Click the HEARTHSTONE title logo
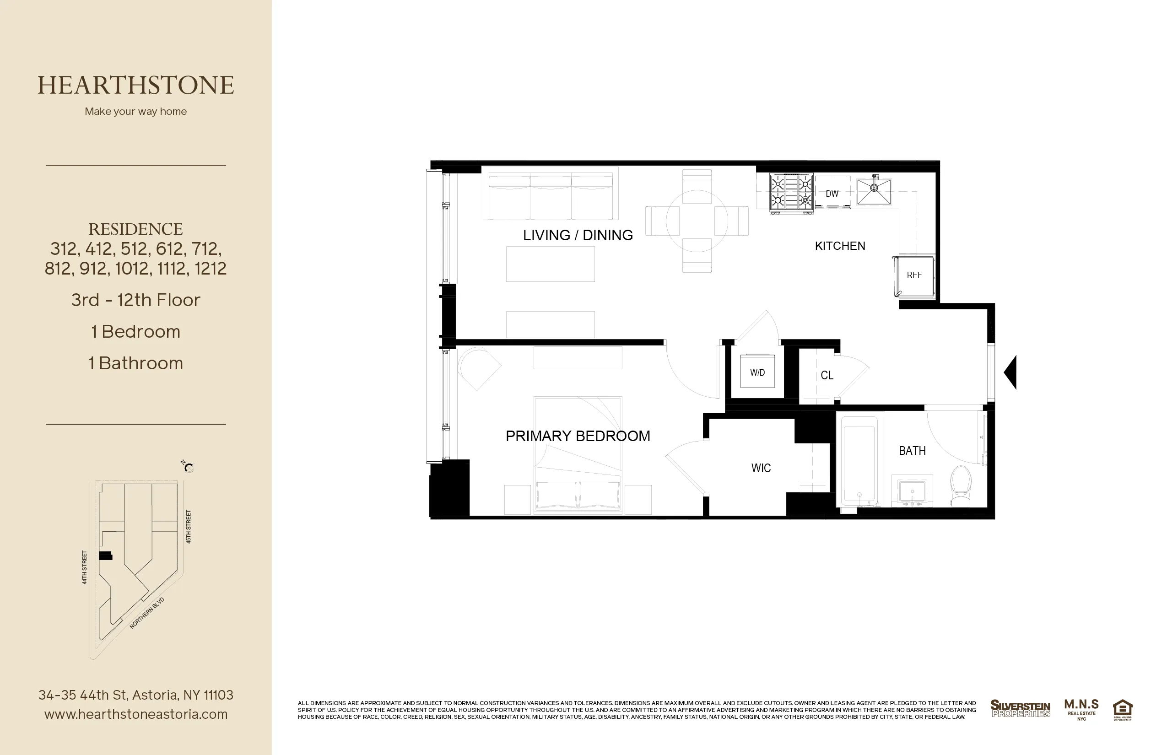click(x=136, y=85)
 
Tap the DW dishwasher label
click(x=832, y=194)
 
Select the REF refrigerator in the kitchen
click(x=914, y=275)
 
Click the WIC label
click(x=761, y=468)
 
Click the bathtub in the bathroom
click(x=859, y=461)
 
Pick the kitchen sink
click(x=874, y=192)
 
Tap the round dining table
click(x=697, y=221)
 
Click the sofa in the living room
click(x=550, y=194)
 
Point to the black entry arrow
click(x=1011, y=372)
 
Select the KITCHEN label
click(x=840, y=246)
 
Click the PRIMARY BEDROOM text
click(x=578, y=436)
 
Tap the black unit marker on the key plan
click(x=105, y=555)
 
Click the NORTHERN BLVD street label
click(x=146, y=613)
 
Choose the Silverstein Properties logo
click(x=1020, y=709)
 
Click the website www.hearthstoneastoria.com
click(x=136, y=714)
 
